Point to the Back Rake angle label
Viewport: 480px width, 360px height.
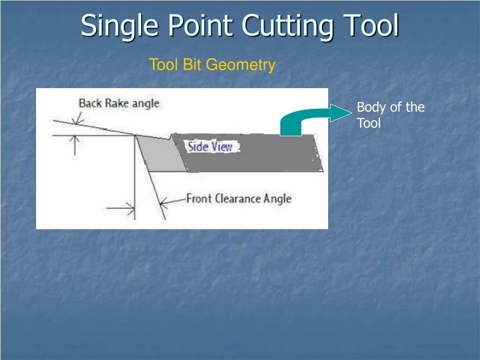[x=119, y=103]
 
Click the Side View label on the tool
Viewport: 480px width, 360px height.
[x=210, y=147]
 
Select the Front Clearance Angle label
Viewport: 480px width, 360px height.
[x=239, y=199]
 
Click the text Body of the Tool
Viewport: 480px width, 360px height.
[x=390, y=115]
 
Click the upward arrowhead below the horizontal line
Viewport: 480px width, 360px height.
[x=75, y=139]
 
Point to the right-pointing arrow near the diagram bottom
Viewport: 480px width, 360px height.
[x=127, y=208]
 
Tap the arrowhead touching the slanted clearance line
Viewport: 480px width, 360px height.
[x=162, y=202]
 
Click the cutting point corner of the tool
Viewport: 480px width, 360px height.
[x=136, y=136]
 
